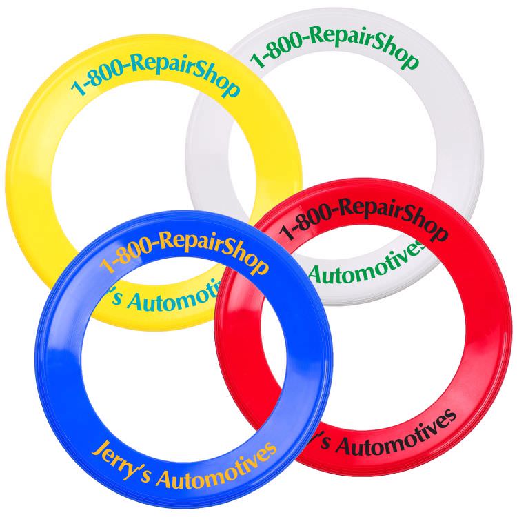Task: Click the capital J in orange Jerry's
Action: pos(99,449)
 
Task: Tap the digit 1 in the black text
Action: pos(286,232)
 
